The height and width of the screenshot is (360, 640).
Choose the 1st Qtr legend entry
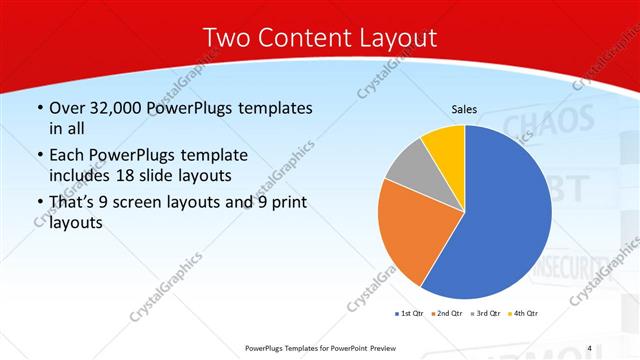(410, 314)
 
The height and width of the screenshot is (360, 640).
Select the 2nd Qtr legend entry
(446, 314)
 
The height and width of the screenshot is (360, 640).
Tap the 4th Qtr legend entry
(523, 314)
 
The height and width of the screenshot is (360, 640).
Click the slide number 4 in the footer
(590, 348)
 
